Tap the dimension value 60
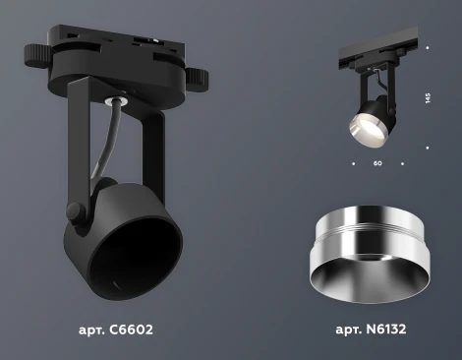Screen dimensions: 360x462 pyautogui.click(x=377, y=163)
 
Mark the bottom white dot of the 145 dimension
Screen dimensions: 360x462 pyautogui.click(x=429, y=149)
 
